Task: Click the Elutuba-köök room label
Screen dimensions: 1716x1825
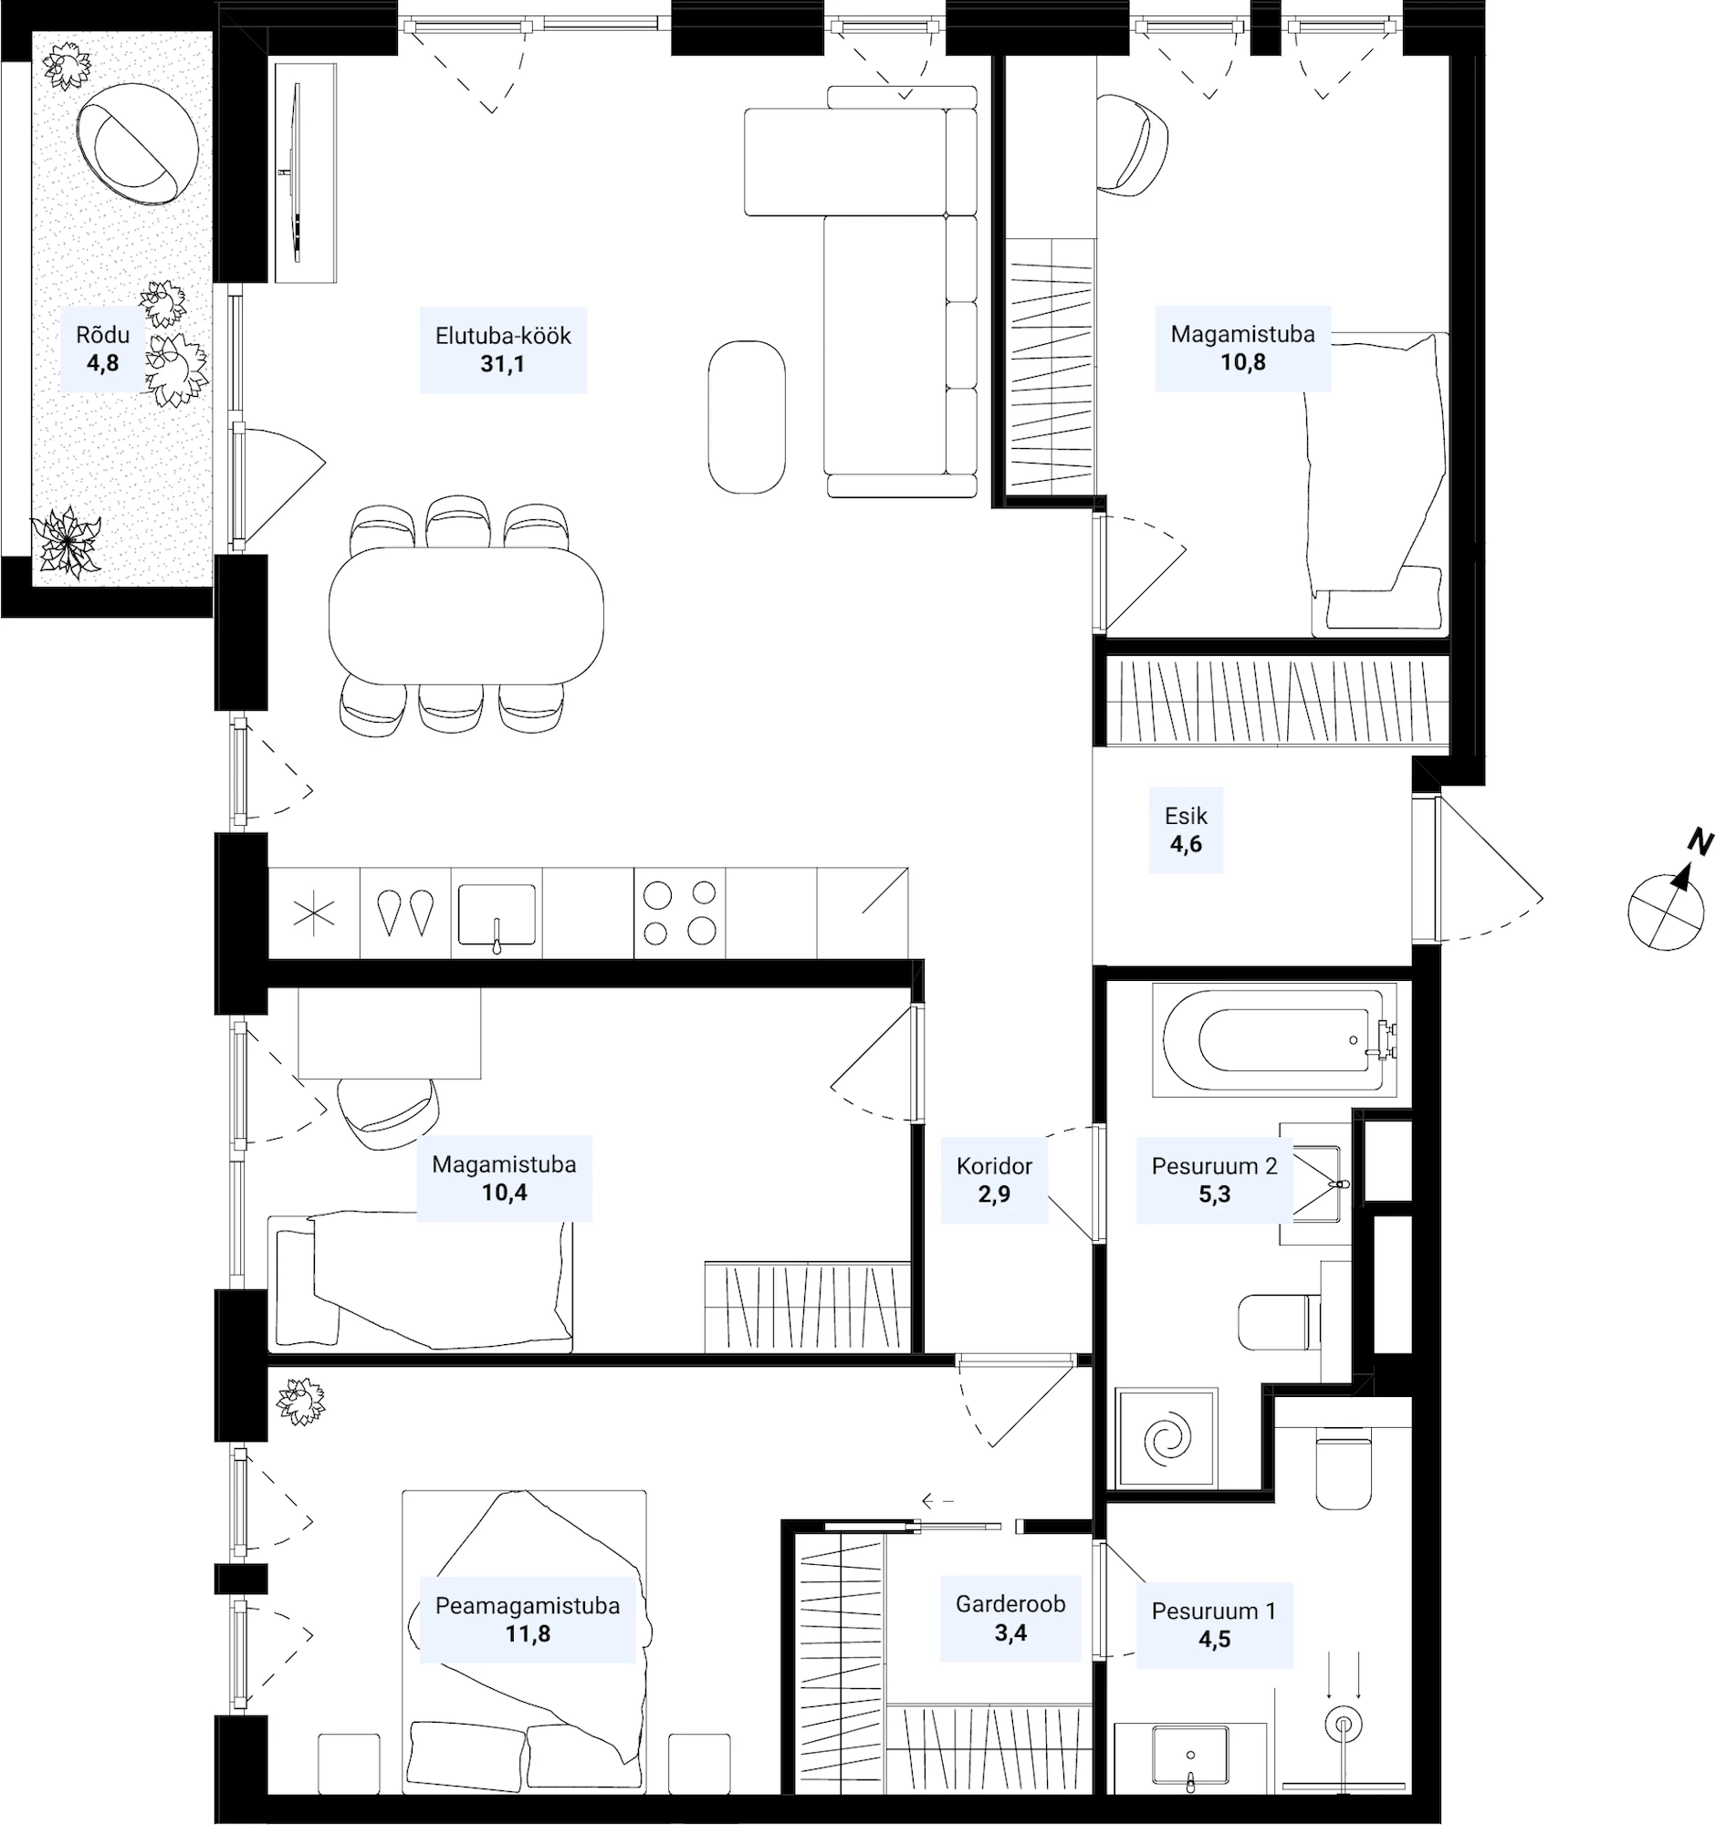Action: pos(503,336)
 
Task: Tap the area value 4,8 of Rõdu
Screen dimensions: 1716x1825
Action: pos(103,363)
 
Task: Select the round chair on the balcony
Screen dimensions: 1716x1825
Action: pos(137,143)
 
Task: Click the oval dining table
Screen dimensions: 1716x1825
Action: pos(466,615)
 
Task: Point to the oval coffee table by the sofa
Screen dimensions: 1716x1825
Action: pos(747,417)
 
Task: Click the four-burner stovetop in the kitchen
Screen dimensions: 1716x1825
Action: pos(679,912)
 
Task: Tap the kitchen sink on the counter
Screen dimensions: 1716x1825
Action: pos(497,914)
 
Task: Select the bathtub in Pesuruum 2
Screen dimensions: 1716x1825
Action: pos(1276,1040)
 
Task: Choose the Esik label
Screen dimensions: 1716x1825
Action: pos(1186,815)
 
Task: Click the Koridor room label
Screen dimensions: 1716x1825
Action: pos(994,1166)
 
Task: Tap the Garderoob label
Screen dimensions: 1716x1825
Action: pos(1010,1604)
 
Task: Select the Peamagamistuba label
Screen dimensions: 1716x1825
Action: pos(528,1606)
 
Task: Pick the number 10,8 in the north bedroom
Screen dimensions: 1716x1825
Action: pos(1242,362)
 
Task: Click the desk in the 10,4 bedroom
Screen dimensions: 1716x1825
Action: pos(389,1033)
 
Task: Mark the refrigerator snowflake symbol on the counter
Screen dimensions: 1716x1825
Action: pos(313,914)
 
